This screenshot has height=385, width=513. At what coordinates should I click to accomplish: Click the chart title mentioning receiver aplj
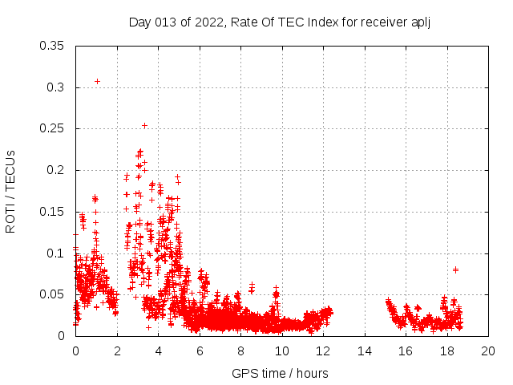tap(280, 22)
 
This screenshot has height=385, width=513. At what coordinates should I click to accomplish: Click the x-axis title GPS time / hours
tap(280, 373)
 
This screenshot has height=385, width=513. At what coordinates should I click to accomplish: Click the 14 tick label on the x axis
tap(365, 351)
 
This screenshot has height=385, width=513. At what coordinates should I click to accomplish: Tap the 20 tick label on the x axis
tap(488, 351)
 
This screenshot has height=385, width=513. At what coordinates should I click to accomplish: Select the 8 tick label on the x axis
tap(240, 351)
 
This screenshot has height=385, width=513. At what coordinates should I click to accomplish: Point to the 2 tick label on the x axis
tap(117, 351)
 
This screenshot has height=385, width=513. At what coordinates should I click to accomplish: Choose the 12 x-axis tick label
tap(323, 351)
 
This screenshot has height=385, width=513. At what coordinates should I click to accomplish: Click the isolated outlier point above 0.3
tap(97, 81)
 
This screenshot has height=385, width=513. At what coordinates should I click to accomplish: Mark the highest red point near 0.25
tap(144, 125)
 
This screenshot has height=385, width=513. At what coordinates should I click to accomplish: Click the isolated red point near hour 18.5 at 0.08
tap(455, 269)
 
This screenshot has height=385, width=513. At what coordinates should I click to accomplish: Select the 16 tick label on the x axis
tap(406, 351)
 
